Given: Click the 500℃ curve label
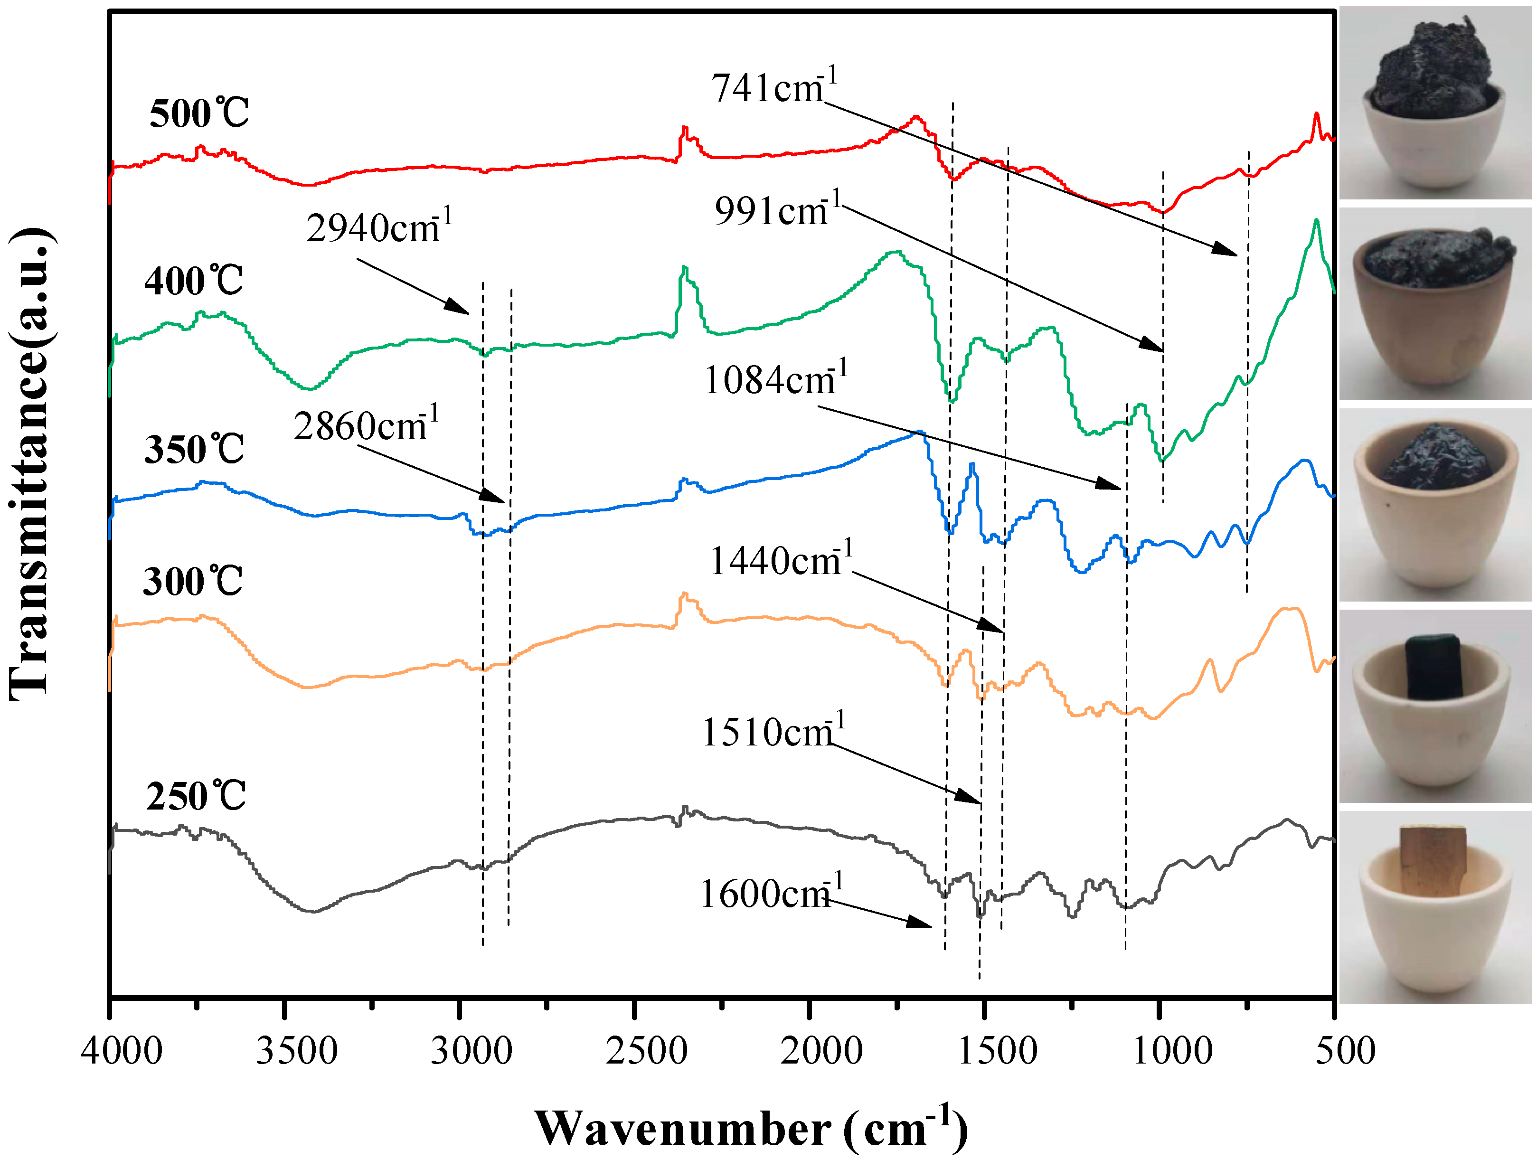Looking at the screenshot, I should [x=199, y=113].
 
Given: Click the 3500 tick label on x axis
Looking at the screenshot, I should [x=297, y=1051].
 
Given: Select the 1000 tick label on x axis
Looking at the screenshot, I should [x=1172, y=1051].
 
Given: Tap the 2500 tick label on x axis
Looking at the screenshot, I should [x=646, y=1051].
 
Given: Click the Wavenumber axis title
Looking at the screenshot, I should [x=750, y=1127].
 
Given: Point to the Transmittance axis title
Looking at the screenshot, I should [x=31, y=462].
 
